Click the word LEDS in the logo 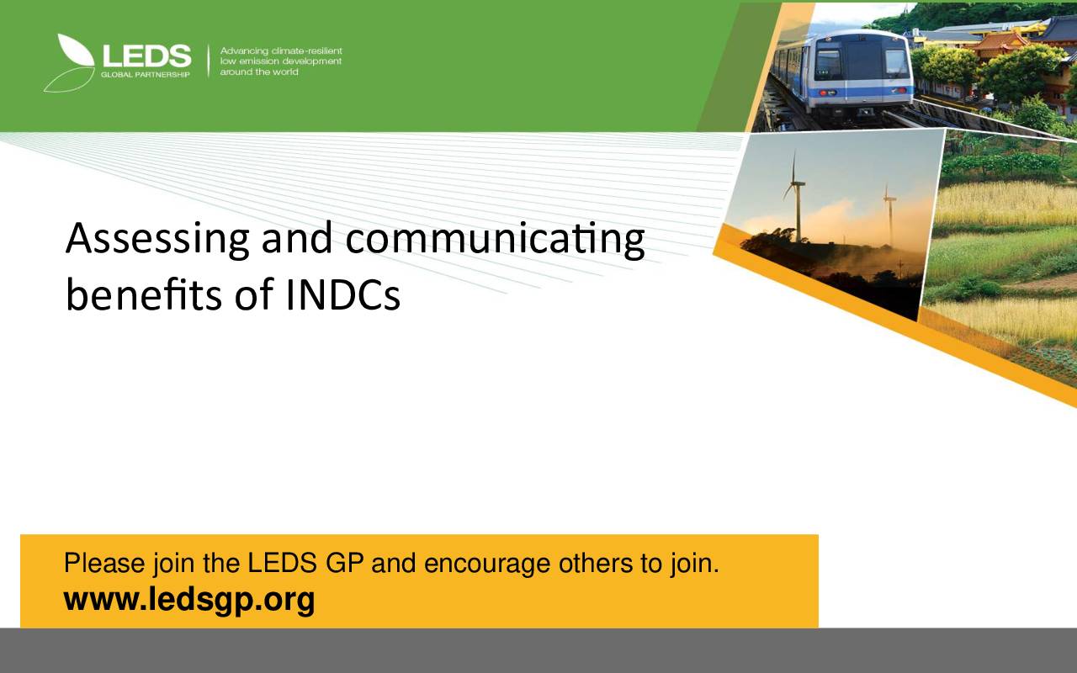pyautogui.click(x=146, y=56)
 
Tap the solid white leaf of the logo pyautogui.click(x=77, y=50)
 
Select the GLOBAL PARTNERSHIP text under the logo pyautogui.click(x=146, y=75)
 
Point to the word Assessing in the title pyautogui.click(x=157, y=239)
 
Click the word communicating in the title pyautogui.click(x=496, y=239)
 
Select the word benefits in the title pyautogui.click(x=144, y=294)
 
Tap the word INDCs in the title pyautogui.click(x=342, y=294)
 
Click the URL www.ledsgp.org pyautogui.click(x=189, y=601)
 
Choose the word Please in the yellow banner pyautogui.click(x=104, y=563)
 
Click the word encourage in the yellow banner pyautogui.click(x=487, y=564)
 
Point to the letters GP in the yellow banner pyautogui.click(x=344, y=563)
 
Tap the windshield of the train pyautogui.click(x=861, y=62)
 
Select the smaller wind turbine pyautogui.click(x=889, y=215)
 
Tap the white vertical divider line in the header pyautogui.click(x=208, y=61)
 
